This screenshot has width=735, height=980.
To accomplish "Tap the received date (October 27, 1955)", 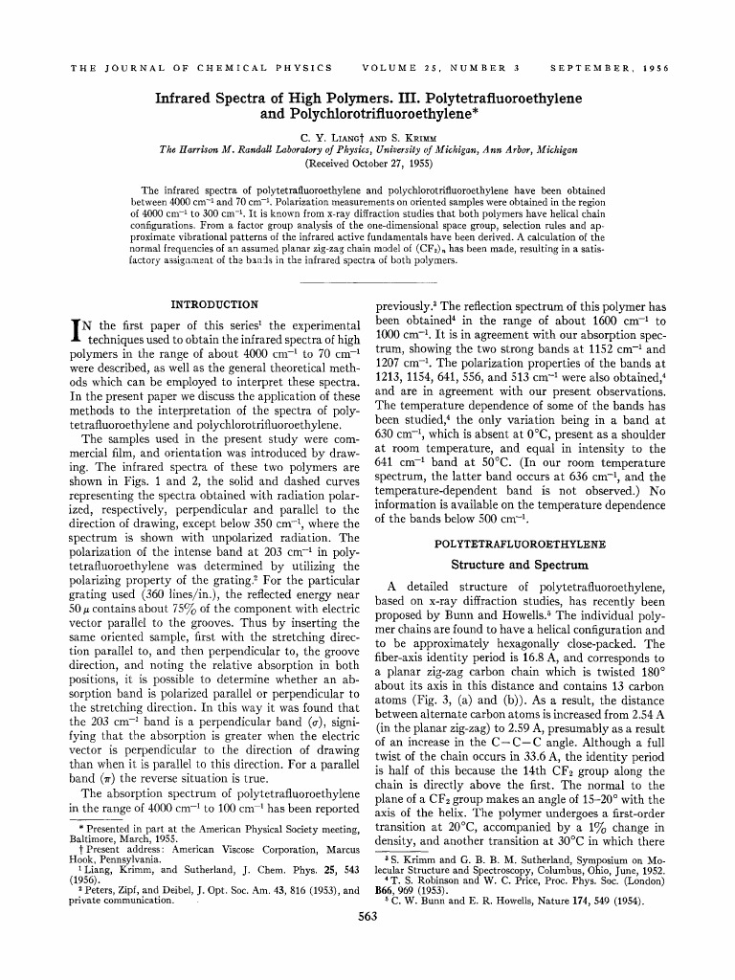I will pyautogui.click(x=368, y=162).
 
